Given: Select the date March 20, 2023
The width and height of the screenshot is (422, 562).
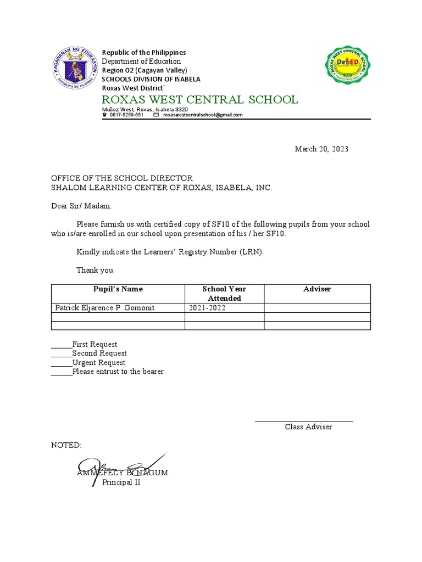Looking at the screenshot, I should tap(321, 149).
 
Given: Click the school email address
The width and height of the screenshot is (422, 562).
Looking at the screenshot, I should tap(202, 115).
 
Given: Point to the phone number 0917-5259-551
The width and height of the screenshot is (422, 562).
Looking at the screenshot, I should tap(126, 115).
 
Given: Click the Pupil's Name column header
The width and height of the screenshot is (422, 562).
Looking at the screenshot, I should tap(118, 289).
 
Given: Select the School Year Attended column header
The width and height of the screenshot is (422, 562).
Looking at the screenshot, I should tap(224, 294).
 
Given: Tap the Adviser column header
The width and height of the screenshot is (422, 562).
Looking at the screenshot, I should tap(317, 289).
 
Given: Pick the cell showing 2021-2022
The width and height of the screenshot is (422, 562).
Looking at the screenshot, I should tap(207, 308).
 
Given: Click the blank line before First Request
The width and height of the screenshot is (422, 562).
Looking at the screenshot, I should tap(62, 345).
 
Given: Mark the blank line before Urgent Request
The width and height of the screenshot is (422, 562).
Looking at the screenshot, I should tap(62, 363).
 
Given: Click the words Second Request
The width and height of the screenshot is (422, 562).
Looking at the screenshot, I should tap(99, 353).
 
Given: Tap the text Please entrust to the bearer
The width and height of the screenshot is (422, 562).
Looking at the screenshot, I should tap(118, 372).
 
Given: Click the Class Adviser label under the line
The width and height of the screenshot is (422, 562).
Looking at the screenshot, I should tap(308, 427).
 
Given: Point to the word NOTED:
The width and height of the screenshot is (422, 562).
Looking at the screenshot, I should tap(66, 445).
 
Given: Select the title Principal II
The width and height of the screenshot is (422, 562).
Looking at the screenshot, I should tap(121, 482).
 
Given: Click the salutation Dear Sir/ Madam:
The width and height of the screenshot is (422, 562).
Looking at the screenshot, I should tap(81, 206).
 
